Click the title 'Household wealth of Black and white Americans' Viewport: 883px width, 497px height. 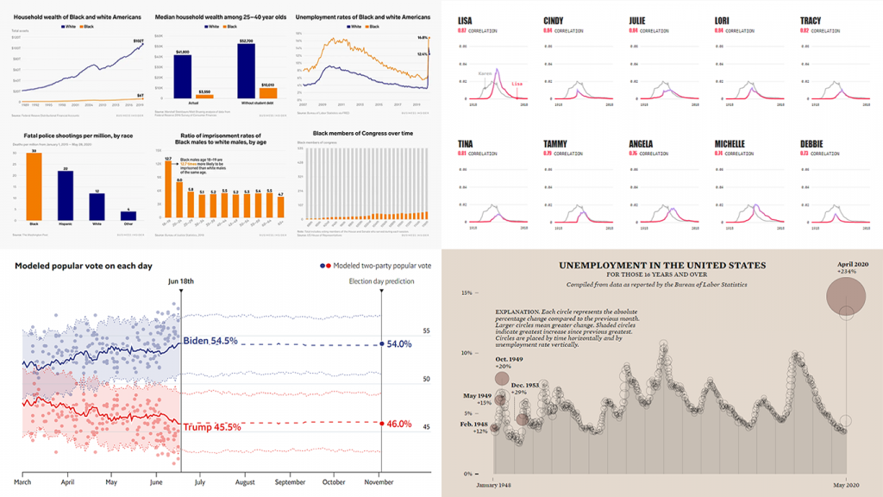[72, 16]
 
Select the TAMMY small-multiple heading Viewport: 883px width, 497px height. [557, 143]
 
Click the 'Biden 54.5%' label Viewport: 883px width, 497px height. [210, 341]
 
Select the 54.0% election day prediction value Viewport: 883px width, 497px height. [398, 343]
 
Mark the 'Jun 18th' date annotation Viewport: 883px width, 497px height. [180, 280]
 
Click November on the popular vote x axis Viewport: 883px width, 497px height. [380, 483]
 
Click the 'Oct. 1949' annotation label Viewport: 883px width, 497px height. [510, 360]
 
